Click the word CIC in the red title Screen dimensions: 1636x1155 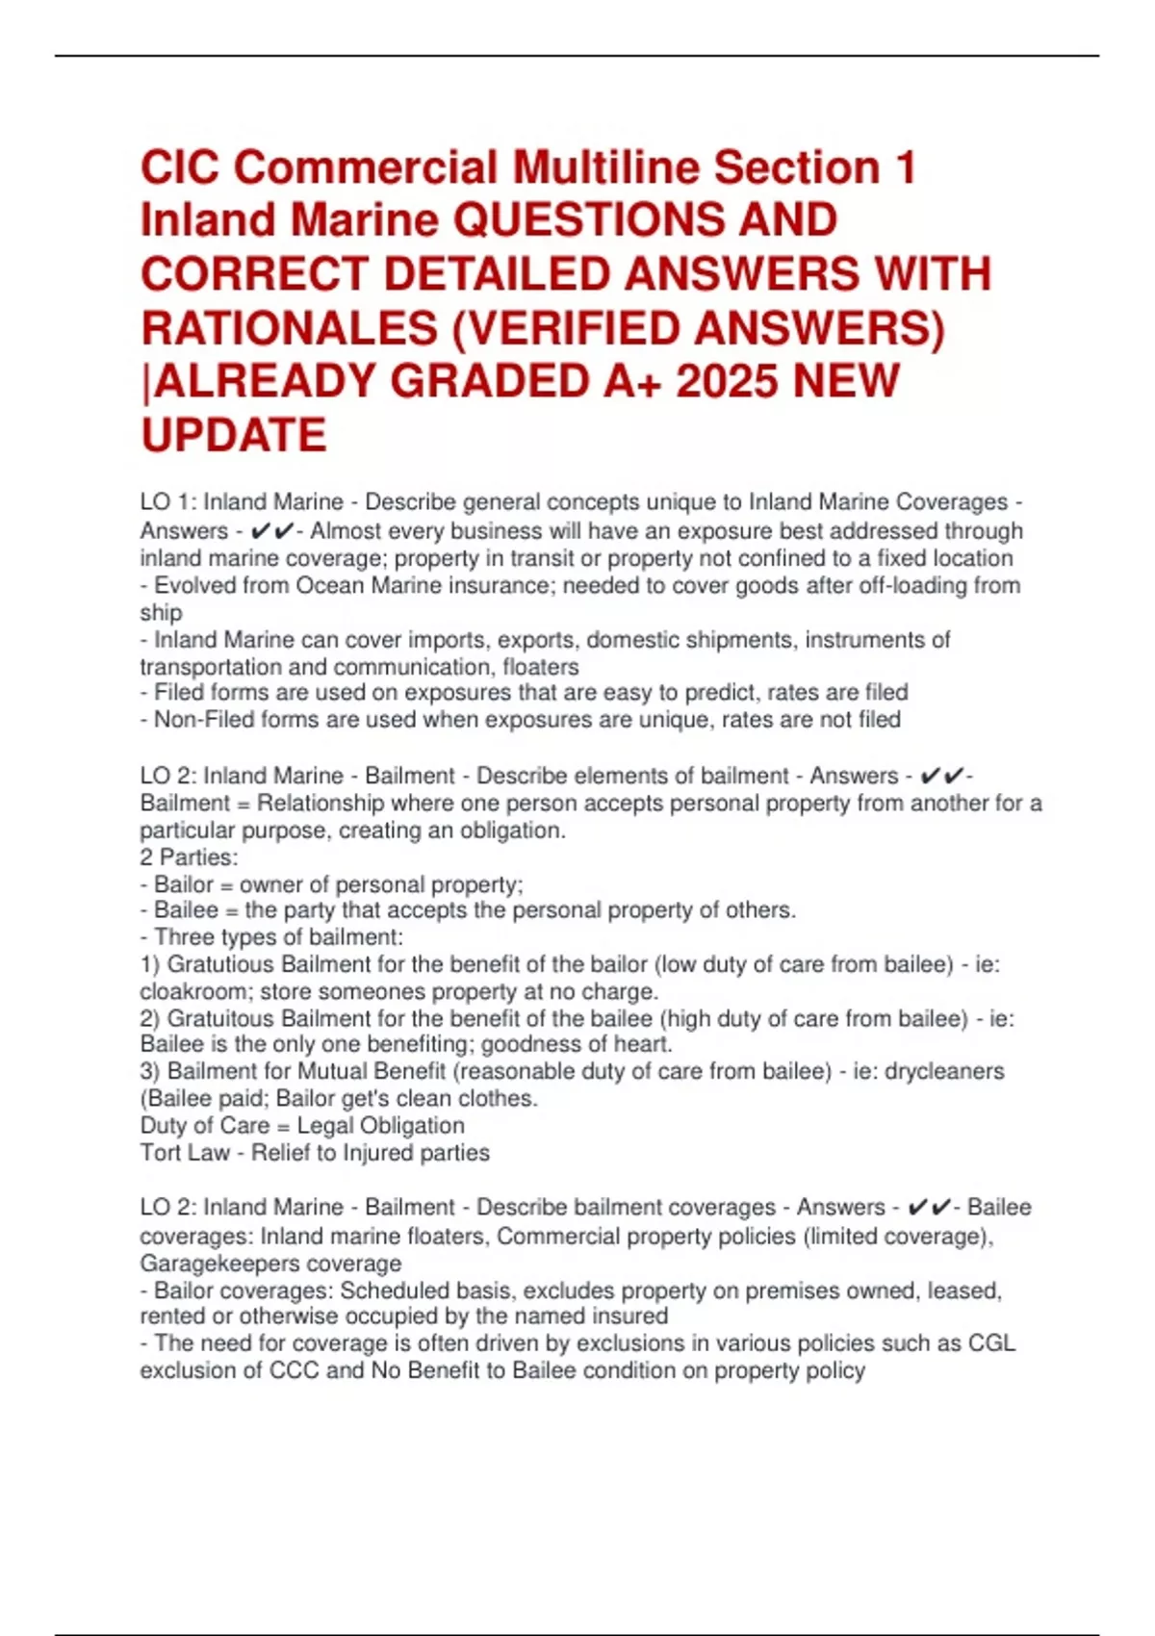pos(180,168)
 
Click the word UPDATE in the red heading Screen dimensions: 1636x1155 pos(234,435)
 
